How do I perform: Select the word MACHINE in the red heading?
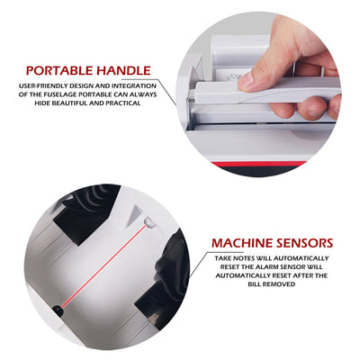point(240,243)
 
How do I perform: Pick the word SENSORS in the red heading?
point(303,243)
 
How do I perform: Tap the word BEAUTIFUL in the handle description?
point(76,103)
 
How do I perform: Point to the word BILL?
point(255,284)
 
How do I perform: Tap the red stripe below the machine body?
point(258,164)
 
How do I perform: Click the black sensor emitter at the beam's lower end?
point(58,310)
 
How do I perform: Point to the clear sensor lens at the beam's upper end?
point(148,222)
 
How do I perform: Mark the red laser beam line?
point(104,265)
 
